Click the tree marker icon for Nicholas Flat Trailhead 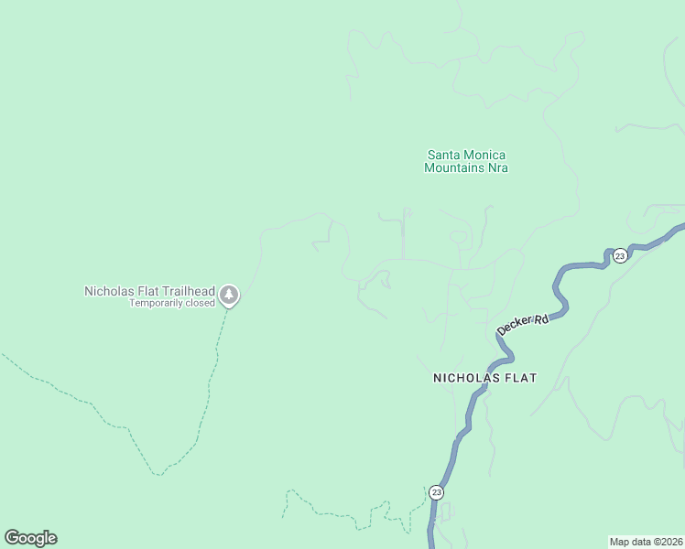(x=229, y=295)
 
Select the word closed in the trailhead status (x=201, y=303)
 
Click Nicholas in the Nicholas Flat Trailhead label (x=107, y=291)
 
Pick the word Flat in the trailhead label (x=147, y=291)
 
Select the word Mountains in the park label (x=454, y=168)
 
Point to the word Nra (x=497, y=168)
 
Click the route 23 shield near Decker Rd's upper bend (x=620, y=254)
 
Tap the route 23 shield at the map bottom (x=436, y=492)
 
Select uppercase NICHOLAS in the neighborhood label (x=465, y=377)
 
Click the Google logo (x=30, y=538)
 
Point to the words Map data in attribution (x=630, y=541)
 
